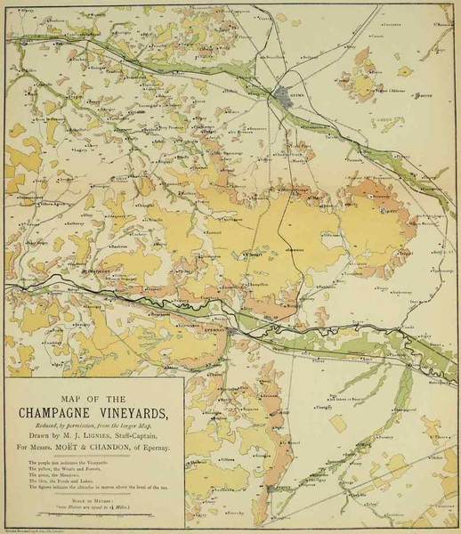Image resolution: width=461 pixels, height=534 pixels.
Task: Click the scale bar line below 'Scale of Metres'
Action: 93,514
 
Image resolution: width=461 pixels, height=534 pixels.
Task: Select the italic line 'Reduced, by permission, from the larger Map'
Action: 93,425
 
